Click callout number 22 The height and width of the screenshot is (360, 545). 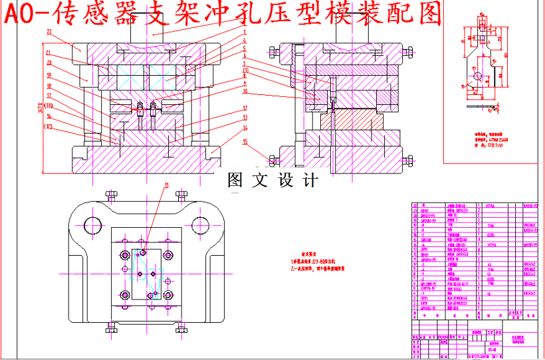49,32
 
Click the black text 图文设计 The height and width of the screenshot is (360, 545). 272,179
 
